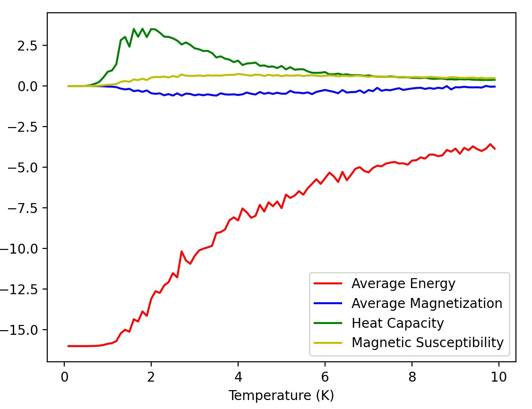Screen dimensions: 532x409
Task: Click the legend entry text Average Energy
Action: pyautogui.click(x=403, y=283)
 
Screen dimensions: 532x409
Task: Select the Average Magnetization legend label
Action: pyautogui.click(x=427, y=303)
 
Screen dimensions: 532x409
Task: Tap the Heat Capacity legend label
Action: pyautogui.click(x=398, y=323)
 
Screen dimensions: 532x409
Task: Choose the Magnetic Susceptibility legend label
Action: pyautogui.click(x=428, y=342)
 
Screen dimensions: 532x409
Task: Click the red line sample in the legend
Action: pyautogui.click(x=328, y=283)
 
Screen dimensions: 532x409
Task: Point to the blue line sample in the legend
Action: pyautogui.click(x=328, y=303)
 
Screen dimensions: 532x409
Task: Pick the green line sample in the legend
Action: pyautogui.click(x=328, y=323)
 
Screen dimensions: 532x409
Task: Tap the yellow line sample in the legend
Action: pyautogui.click(x=328, y=343)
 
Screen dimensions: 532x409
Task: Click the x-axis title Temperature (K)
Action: pyautogui.click(x=281, y=395)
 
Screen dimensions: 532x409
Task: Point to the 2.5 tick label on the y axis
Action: pyautogui.click(x=27, y=46)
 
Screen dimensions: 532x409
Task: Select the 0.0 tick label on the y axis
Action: pyautogui.click(x=27, y=86)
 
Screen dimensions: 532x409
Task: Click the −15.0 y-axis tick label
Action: pyautogui.click(x=18, y=330)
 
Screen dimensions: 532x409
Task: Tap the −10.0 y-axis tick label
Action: pyautogui.click(x=18, y=249)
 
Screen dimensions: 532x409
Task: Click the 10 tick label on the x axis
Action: pyautogui.click(x=499, y=377)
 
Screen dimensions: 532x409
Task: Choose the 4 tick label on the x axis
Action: pyautogui.click(x=238, y=377)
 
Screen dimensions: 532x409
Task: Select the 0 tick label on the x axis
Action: pyautogui.click(x=64, y=377)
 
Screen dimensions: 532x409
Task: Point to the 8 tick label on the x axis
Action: pyautogui.click(x=412, y=377)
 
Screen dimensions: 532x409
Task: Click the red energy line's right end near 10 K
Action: pyautogui.click(x=495, y=149)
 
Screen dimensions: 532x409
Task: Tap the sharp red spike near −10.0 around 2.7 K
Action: pyautogui.click(x=181, y=251)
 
